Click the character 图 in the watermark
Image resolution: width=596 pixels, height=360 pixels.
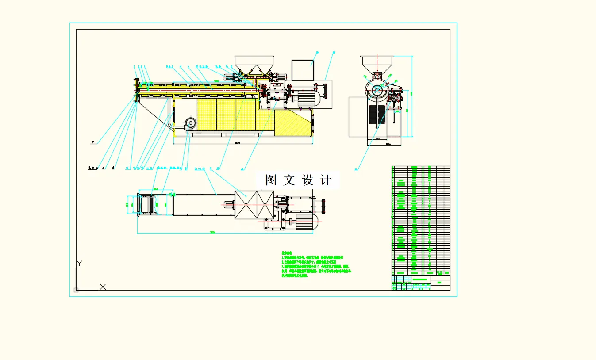[271, 180]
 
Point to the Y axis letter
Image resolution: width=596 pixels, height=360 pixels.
[79, 263]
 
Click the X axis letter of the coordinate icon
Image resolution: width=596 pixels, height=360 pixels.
[103, 287]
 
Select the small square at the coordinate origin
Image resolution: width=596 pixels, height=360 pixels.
[76, 290]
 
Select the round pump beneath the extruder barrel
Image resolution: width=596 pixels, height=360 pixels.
[191, 123]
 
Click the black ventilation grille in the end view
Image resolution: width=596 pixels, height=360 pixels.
[377, 114]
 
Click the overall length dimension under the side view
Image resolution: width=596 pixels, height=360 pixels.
[238, 143]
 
